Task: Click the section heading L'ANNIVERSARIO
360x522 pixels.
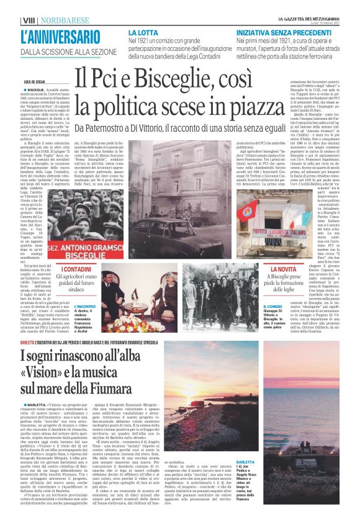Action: coord(60,37)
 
